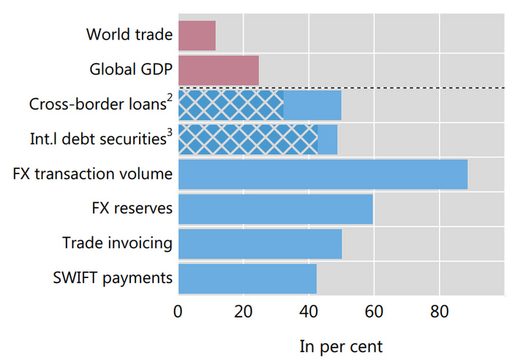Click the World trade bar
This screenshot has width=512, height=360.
(x=197, y=35)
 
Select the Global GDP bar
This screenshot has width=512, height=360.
(x=218, y=70)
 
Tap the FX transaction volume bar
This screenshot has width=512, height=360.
(x=323, y=174)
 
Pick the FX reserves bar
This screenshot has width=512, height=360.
(x=275, y=209)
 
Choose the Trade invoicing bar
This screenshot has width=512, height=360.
(x=260, y=244)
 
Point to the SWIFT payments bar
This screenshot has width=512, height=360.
(x=247, y=279)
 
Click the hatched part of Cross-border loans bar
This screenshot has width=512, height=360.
(x=230, y=105)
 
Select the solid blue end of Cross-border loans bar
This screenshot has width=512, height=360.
(x=312, y=105)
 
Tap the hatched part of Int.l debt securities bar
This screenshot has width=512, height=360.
(x=247, y=139)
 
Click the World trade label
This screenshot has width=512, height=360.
(x=129, y=34)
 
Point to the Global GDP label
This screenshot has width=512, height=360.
(x=131, y=70)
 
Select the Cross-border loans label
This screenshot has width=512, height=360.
(x=97, y=105)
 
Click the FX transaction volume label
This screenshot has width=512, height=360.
(x=92, y=174)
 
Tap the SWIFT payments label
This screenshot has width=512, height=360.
(x=113, y=278)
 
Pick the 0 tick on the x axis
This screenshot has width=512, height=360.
(x=178, y=311)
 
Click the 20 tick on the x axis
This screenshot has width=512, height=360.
(x=243, y=311)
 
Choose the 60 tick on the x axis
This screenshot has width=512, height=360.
(x=373, y=311)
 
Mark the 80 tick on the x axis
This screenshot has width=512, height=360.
(x=438, y=311)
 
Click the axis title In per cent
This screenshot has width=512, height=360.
(x=341, y=345)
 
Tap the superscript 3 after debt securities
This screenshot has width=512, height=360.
(x=169, y=132)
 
